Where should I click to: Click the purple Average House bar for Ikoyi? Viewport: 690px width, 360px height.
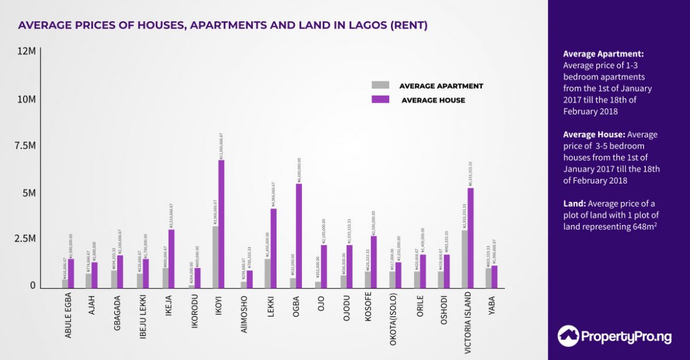[x=221, y=224]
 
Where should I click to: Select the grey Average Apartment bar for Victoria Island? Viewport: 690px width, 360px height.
[x=465, y=259]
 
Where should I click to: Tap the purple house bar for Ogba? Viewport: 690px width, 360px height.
[x=299, y=236]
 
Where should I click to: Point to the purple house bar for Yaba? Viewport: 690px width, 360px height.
[x=495, y=277]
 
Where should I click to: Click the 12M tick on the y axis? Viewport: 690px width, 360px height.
[x=27, y=52]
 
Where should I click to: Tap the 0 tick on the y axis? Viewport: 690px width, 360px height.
[x=33, y=286]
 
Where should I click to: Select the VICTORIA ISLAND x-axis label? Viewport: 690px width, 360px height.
[x=468, y=322]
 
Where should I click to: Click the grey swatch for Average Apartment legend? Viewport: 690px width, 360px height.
[x=380, y=85]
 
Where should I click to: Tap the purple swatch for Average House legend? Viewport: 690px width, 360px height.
[x=380, y=100]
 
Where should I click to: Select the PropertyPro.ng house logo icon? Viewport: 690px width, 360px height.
[x=569, y=336]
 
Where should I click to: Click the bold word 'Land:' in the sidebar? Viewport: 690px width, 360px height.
[x=574, y=204]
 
